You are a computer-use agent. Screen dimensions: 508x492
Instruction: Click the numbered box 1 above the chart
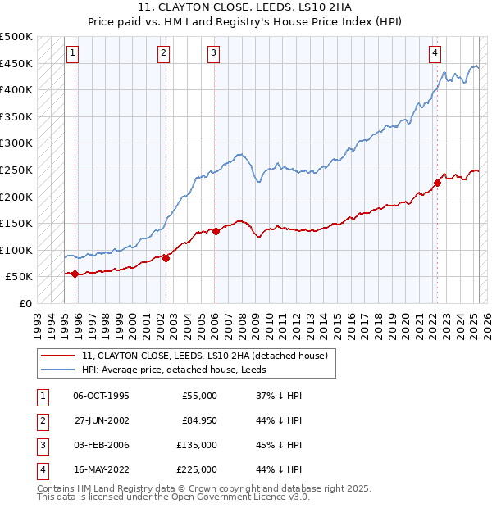(x=73, y=53)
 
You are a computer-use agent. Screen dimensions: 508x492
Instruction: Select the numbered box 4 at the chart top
(x=435, y=53)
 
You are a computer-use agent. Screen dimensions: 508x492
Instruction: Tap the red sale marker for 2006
(x=216, y=231)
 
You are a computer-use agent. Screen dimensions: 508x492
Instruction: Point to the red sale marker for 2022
(x=437, y=184)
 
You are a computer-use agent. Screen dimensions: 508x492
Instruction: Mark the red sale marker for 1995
(x=75, y=274)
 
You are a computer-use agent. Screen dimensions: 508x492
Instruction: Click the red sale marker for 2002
(x=166, y=258)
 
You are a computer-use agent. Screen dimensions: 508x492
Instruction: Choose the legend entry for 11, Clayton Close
(x=205, y=356)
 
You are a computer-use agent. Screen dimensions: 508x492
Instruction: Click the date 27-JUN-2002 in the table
(x=101, y=420)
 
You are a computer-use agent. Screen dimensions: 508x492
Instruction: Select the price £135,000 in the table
(x=198, y=445)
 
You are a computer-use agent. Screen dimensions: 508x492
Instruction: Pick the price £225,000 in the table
(x=198, y=469)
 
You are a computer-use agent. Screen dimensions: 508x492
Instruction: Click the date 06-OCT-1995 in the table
(x=101, y=396)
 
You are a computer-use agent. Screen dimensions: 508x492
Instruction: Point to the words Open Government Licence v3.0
(x=239, y=497)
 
